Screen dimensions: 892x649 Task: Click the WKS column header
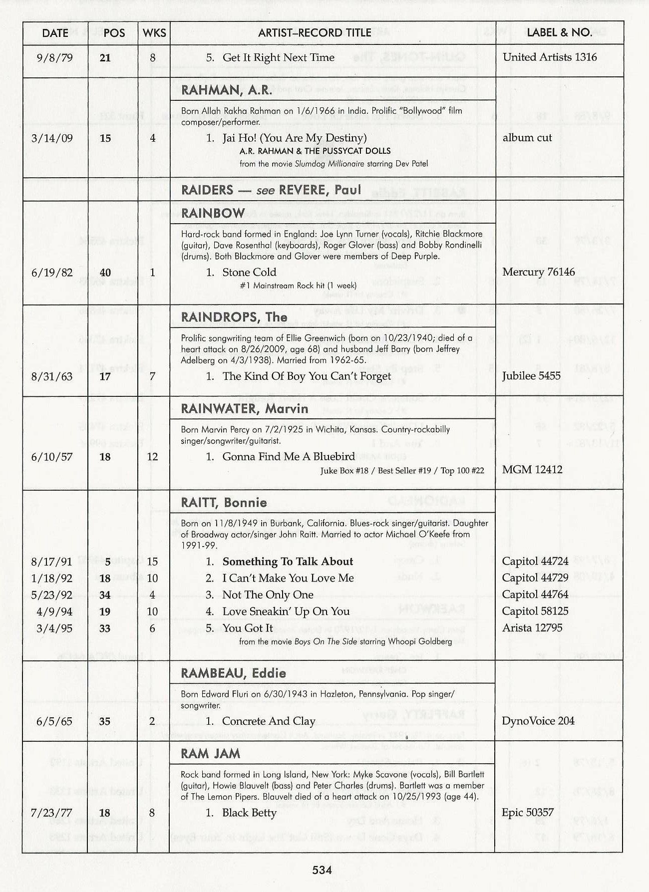pyautogui.click(x=154, y=33)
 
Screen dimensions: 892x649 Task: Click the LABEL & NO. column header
pyautogui.click(x=559, y=33)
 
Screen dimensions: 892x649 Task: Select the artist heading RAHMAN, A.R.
pyautogui.click(x=227, y=90)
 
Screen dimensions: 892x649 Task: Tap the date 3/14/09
pyautogui.click(x=52, y=138)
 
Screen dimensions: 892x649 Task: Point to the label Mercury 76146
pyautogui.click(x=538, y=272)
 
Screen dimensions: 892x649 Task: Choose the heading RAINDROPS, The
pyautogui.click(x=234, y=317)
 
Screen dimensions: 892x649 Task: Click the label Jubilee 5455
pyautogui.click(x=531, y=376)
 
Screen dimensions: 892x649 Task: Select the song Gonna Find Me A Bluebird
pyautogui.click(x=289, y=456)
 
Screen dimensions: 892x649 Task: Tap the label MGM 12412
pyautogui.click(x=532, y=469)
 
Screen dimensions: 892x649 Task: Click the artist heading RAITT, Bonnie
pyautogui.click(x=224, y=502)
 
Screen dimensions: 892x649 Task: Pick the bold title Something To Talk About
pyautogui.click(x=288, y=562)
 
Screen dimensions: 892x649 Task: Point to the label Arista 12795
pyautogui.click(x=532, y=628)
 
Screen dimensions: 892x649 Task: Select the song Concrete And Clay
pyautogui.click(x=269, y=721)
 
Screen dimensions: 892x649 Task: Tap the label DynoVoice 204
pyautogui.click(x=538, y=721)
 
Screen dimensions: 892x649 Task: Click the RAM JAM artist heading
pyautogui.click(x=210, y=753)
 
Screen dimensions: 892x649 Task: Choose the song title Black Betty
pyautogui.click(x=249, y=813)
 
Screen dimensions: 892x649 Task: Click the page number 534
pyautogui.click(x=322, y=870)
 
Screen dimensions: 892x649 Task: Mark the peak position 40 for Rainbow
pyautogui.click(x=105, y=273)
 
